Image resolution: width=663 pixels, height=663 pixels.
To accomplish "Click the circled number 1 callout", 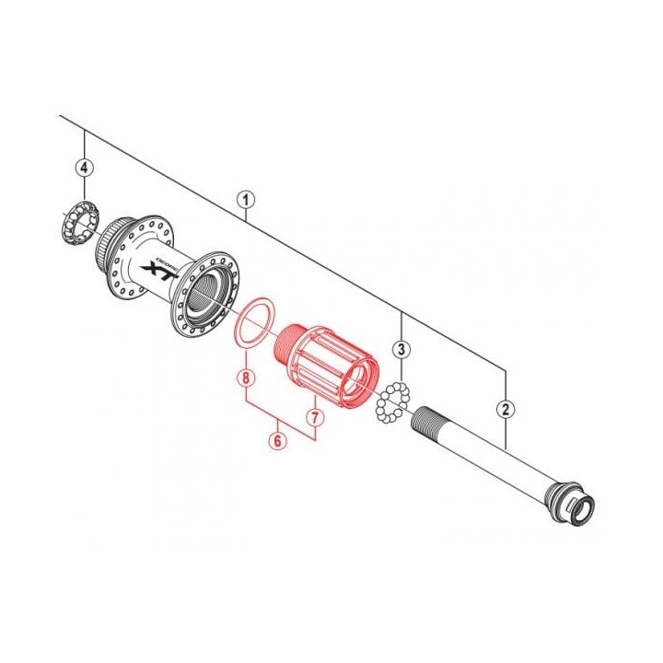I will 245,199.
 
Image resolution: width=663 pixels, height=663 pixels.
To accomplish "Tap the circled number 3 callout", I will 401,349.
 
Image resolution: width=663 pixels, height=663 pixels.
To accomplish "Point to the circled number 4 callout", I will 84,168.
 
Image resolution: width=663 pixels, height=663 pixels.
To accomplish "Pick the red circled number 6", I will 277,440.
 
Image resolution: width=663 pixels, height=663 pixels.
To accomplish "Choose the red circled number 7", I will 314,417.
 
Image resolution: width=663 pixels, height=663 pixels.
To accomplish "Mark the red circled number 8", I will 244,377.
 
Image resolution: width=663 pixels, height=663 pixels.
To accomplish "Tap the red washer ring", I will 251,321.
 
